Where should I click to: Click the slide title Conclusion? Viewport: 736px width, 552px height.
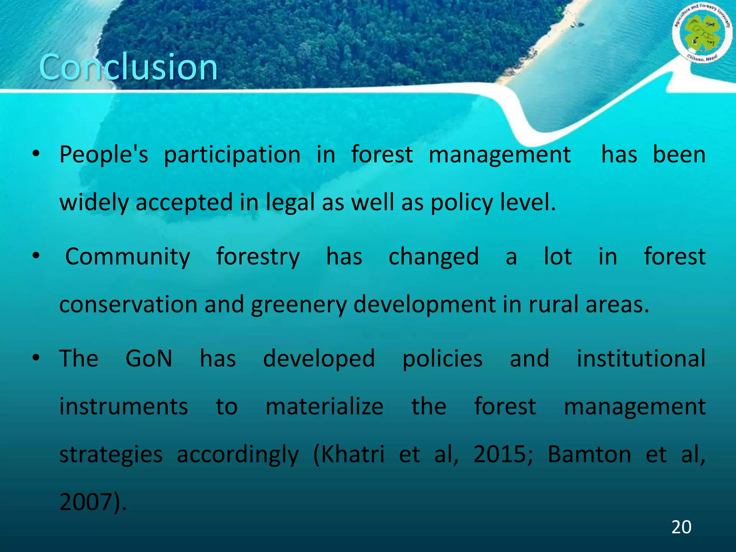[128, 67]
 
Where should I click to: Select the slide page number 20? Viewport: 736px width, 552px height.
[681, 527]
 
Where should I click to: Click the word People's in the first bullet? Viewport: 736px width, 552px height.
[103, 155]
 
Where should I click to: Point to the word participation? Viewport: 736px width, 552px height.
[232, 155]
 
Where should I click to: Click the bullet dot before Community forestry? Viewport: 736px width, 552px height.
[36, 256]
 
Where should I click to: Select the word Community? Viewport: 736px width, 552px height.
[128, 257]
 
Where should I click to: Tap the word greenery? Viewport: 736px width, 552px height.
[299, 305]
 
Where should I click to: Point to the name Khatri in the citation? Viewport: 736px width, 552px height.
[352, 454]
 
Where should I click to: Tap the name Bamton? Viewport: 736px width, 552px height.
[589, 454]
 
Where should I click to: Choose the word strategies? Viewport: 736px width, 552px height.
[111, 455]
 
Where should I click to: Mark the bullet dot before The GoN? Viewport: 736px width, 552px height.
[36, 358]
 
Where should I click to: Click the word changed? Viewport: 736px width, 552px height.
[433, 257]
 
